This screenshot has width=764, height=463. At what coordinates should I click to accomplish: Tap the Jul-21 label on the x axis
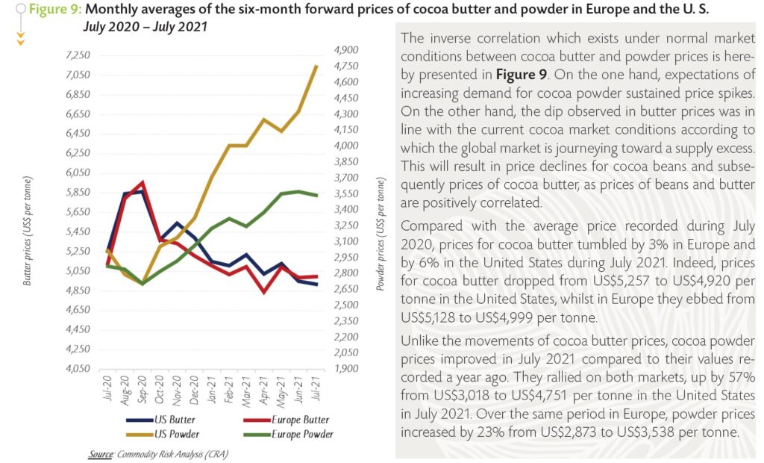[318, 390]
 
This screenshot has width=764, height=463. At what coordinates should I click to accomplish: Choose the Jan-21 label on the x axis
[213, 390]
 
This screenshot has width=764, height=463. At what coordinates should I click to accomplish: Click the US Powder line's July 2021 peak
[317, 66]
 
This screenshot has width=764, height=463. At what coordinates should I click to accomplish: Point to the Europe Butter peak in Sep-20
[143, 182]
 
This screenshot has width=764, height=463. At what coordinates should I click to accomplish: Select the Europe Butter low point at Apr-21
[264, 292]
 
